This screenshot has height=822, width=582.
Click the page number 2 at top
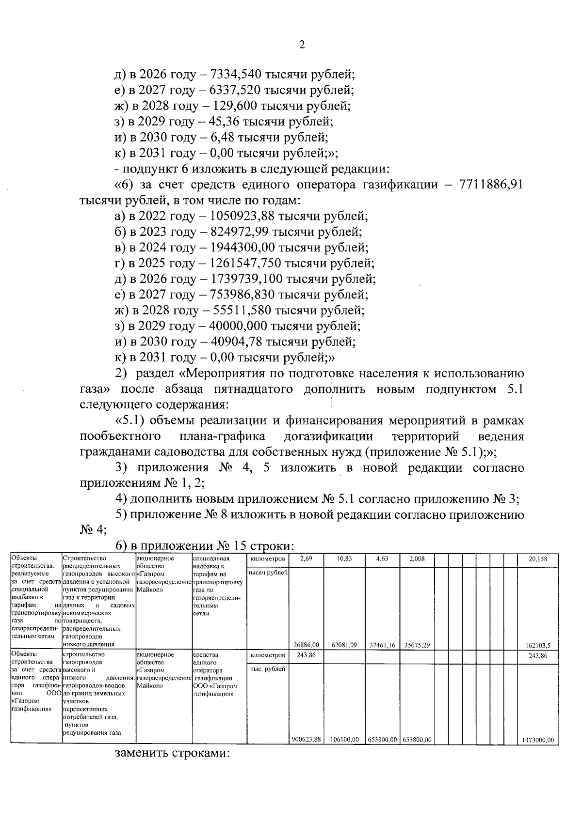pyautogui.click(x=302, y=45)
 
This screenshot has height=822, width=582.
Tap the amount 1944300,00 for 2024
pyautogui.click(x=242, y=248)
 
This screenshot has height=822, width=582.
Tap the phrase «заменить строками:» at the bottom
pyautogui.click(x=172, y=767)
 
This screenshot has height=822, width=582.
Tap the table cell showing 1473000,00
pyautogui.click(x=538, y=740)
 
